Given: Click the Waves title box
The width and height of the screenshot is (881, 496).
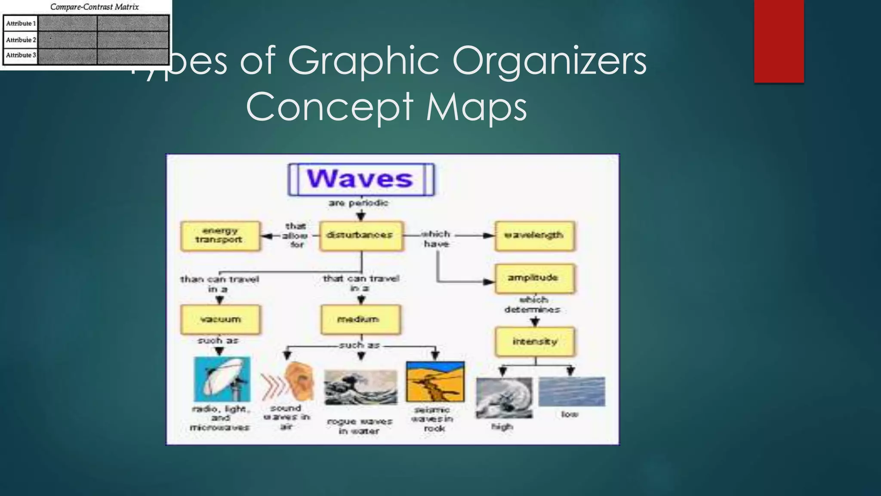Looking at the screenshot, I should coord(361,179).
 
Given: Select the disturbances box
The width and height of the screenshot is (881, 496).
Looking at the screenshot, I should coord(361,236).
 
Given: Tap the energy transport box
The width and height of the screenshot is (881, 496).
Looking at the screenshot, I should coord(220,236).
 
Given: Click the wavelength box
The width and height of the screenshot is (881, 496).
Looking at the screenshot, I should coord(534,236).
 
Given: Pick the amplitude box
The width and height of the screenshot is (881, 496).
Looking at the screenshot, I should coord(534,278).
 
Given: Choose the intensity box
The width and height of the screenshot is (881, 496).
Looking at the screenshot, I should coord(535,342).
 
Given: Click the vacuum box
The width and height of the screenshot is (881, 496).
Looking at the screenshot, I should coord(220,319).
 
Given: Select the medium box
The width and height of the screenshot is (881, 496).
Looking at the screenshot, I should coord(360,319).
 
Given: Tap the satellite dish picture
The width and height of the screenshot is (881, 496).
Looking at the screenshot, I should coord(222,379).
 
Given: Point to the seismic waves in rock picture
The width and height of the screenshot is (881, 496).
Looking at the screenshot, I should coord(435,381).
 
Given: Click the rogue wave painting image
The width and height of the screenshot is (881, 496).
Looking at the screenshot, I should coord(360,387).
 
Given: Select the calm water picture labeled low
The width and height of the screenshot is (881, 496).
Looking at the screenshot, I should coord(571,391).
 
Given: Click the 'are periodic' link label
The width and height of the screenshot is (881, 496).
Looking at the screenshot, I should coord(358,203).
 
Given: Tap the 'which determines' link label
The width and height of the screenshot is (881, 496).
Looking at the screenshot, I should coord(533,304).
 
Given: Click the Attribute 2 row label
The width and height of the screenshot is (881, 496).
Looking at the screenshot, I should coord(21,40).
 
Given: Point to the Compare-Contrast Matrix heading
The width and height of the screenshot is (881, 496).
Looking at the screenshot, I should coord(95,7).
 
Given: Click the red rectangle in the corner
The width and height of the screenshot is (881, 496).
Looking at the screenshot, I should coord(779,41).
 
